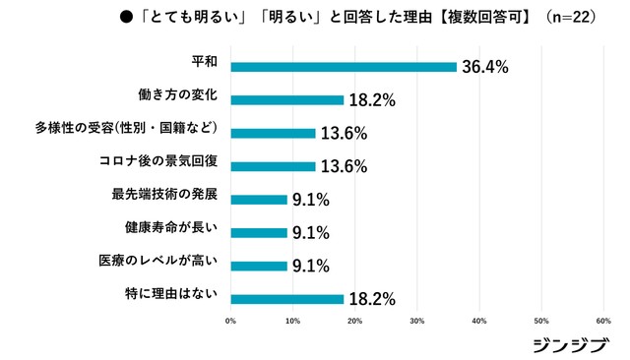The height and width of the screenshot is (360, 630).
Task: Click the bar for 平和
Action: (344, 67)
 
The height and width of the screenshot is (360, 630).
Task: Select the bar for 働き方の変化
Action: (286, 99)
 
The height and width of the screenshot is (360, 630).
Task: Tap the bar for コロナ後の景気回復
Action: (273, 166)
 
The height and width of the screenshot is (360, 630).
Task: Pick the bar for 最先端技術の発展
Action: (258, 200)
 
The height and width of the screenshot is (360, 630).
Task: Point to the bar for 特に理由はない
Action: (286, 299)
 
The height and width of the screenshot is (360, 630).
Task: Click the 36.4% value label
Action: (485, 67)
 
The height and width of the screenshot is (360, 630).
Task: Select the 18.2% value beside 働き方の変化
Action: (372, 100)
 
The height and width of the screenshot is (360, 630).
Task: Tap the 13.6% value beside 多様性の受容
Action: (344, 134)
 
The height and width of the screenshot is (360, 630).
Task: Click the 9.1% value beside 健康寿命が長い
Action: (310, 233)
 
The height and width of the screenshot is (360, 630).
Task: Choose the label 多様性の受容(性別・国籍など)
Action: (157, 130)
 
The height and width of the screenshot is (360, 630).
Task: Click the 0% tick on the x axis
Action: (230, 321)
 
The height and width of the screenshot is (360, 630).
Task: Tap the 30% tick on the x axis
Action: (417, 321)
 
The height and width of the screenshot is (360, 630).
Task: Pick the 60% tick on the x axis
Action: (603, 321)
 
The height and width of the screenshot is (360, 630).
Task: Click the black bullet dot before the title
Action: (126, 17)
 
